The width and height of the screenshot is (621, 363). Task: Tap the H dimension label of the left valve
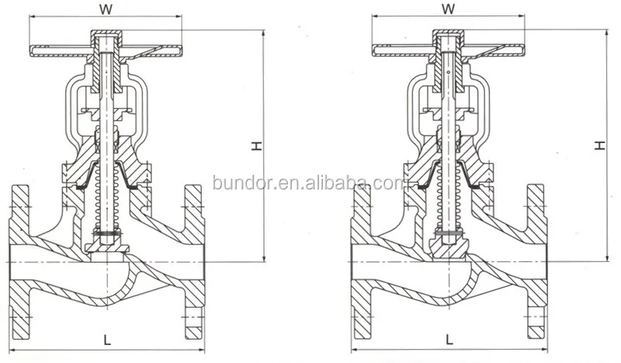pos(255,145)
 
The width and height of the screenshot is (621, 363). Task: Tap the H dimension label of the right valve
pos(599,145)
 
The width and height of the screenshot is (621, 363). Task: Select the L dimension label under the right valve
pos(449,339)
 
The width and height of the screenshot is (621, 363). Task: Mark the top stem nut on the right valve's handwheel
pos(448,37)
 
